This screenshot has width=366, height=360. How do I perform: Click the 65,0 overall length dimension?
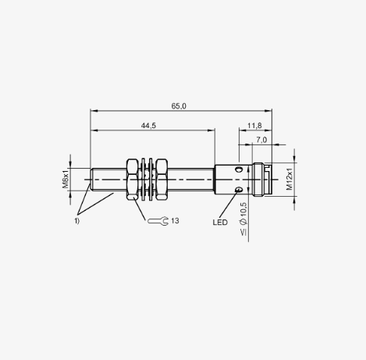point(179,106)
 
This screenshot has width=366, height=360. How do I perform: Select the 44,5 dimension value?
point(148,126)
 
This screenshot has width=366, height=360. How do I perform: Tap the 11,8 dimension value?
point(254,126)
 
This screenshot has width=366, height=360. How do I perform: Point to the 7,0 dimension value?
point(261,140)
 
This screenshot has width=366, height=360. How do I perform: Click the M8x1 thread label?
point(65,179)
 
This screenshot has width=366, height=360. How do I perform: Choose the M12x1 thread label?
point(290,179)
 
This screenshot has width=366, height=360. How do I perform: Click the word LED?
point(220,223)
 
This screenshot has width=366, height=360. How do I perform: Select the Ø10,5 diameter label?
point(243,213)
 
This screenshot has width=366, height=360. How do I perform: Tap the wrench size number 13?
point(175,221)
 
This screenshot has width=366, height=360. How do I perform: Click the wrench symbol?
point(158,221)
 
